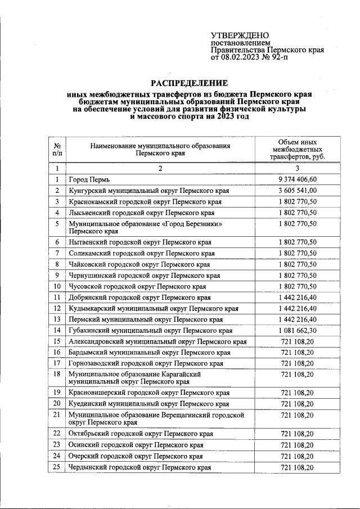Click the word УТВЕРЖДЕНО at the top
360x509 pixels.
click(240, 35)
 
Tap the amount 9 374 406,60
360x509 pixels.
click(297, 179)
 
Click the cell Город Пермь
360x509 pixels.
click(85, 180)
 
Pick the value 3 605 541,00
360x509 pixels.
click(297, 191)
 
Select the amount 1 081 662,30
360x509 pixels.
click(297, 330)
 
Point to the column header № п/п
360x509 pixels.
click(57, 149)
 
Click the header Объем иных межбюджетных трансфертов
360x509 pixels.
click(297, 150)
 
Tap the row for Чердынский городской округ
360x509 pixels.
click(139, 467)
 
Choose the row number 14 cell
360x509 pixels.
click(57, 330)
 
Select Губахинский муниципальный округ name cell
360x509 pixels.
click(150, 330)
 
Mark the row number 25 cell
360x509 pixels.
click(57, 467)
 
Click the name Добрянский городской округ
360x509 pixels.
click(139, 298)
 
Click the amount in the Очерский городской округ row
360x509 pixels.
click(297, 456)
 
